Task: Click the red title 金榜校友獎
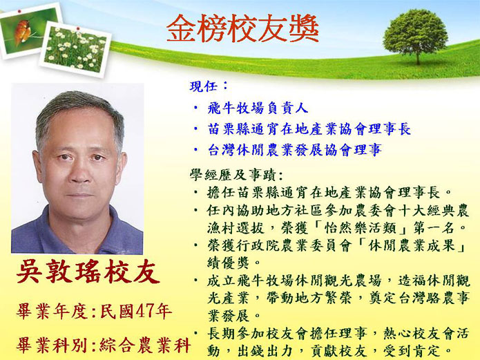[x=242, y=28]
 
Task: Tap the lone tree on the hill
[x=415, y=36]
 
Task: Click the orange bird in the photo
[x=22, y=31]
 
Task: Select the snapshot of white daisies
[x=75, y=49]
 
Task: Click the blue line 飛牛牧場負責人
[x=258, y=108]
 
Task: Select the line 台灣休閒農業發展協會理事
[x=294, y=150]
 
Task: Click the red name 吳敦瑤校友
[x=88, y=272]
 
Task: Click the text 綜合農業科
[x=145, y=345]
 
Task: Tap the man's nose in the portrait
[x=80, y=174]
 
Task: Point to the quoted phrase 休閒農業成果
[x=412, y=246]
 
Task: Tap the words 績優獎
[x=228, y=263]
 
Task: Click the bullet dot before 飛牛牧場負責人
[x=195, y=108]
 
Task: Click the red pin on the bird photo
[x=19, y=11]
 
